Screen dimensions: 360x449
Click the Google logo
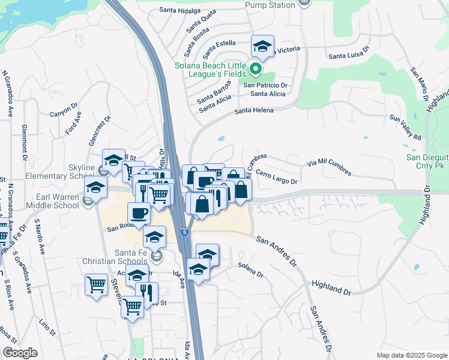click(20, 353)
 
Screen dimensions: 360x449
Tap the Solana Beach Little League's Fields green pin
click(255, 70)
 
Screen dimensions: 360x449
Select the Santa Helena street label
click(254, 110)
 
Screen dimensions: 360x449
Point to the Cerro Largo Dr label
click(277, 176)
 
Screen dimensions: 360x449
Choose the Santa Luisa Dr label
click(348, 55)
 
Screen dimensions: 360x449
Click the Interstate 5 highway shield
click(183, 230)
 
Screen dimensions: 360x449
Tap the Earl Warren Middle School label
click(53, 200)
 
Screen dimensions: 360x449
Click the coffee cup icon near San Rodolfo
click(139, 213)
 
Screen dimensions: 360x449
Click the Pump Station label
click(270, 5)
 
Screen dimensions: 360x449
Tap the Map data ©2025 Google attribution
click(411, 355)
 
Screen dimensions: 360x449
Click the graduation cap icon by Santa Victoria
click(261, 46)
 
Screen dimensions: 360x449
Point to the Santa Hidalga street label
click(179, 10)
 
